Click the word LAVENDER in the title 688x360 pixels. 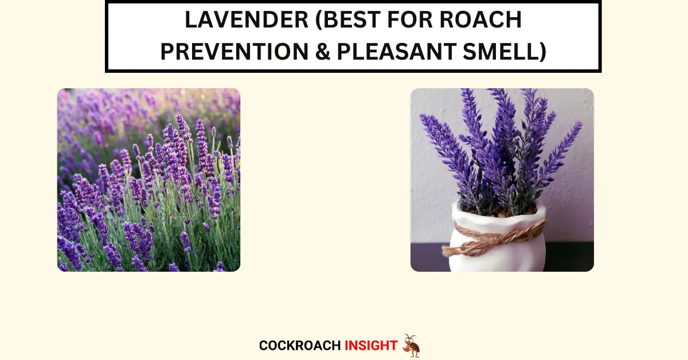[x=247, y=19]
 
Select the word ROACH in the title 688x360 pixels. [x=480, y=19]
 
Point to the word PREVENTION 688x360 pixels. [x=234, y=51]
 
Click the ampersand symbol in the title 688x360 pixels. [x=322, y=51]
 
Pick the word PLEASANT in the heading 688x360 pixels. [x=397, y=51]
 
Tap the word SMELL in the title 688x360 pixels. [x=500, y=51]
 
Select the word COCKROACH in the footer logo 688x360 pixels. [x=300, y=346]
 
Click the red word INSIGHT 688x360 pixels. [x=371, y=346]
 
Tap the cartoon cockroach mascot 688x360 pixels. [x=411, y=346]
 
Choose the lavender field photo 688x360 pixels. [x=148, y=180]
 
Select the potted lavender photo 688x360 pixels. [x=502, y=180]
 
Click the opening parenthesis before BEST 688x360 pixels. [x=318, y=20]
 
